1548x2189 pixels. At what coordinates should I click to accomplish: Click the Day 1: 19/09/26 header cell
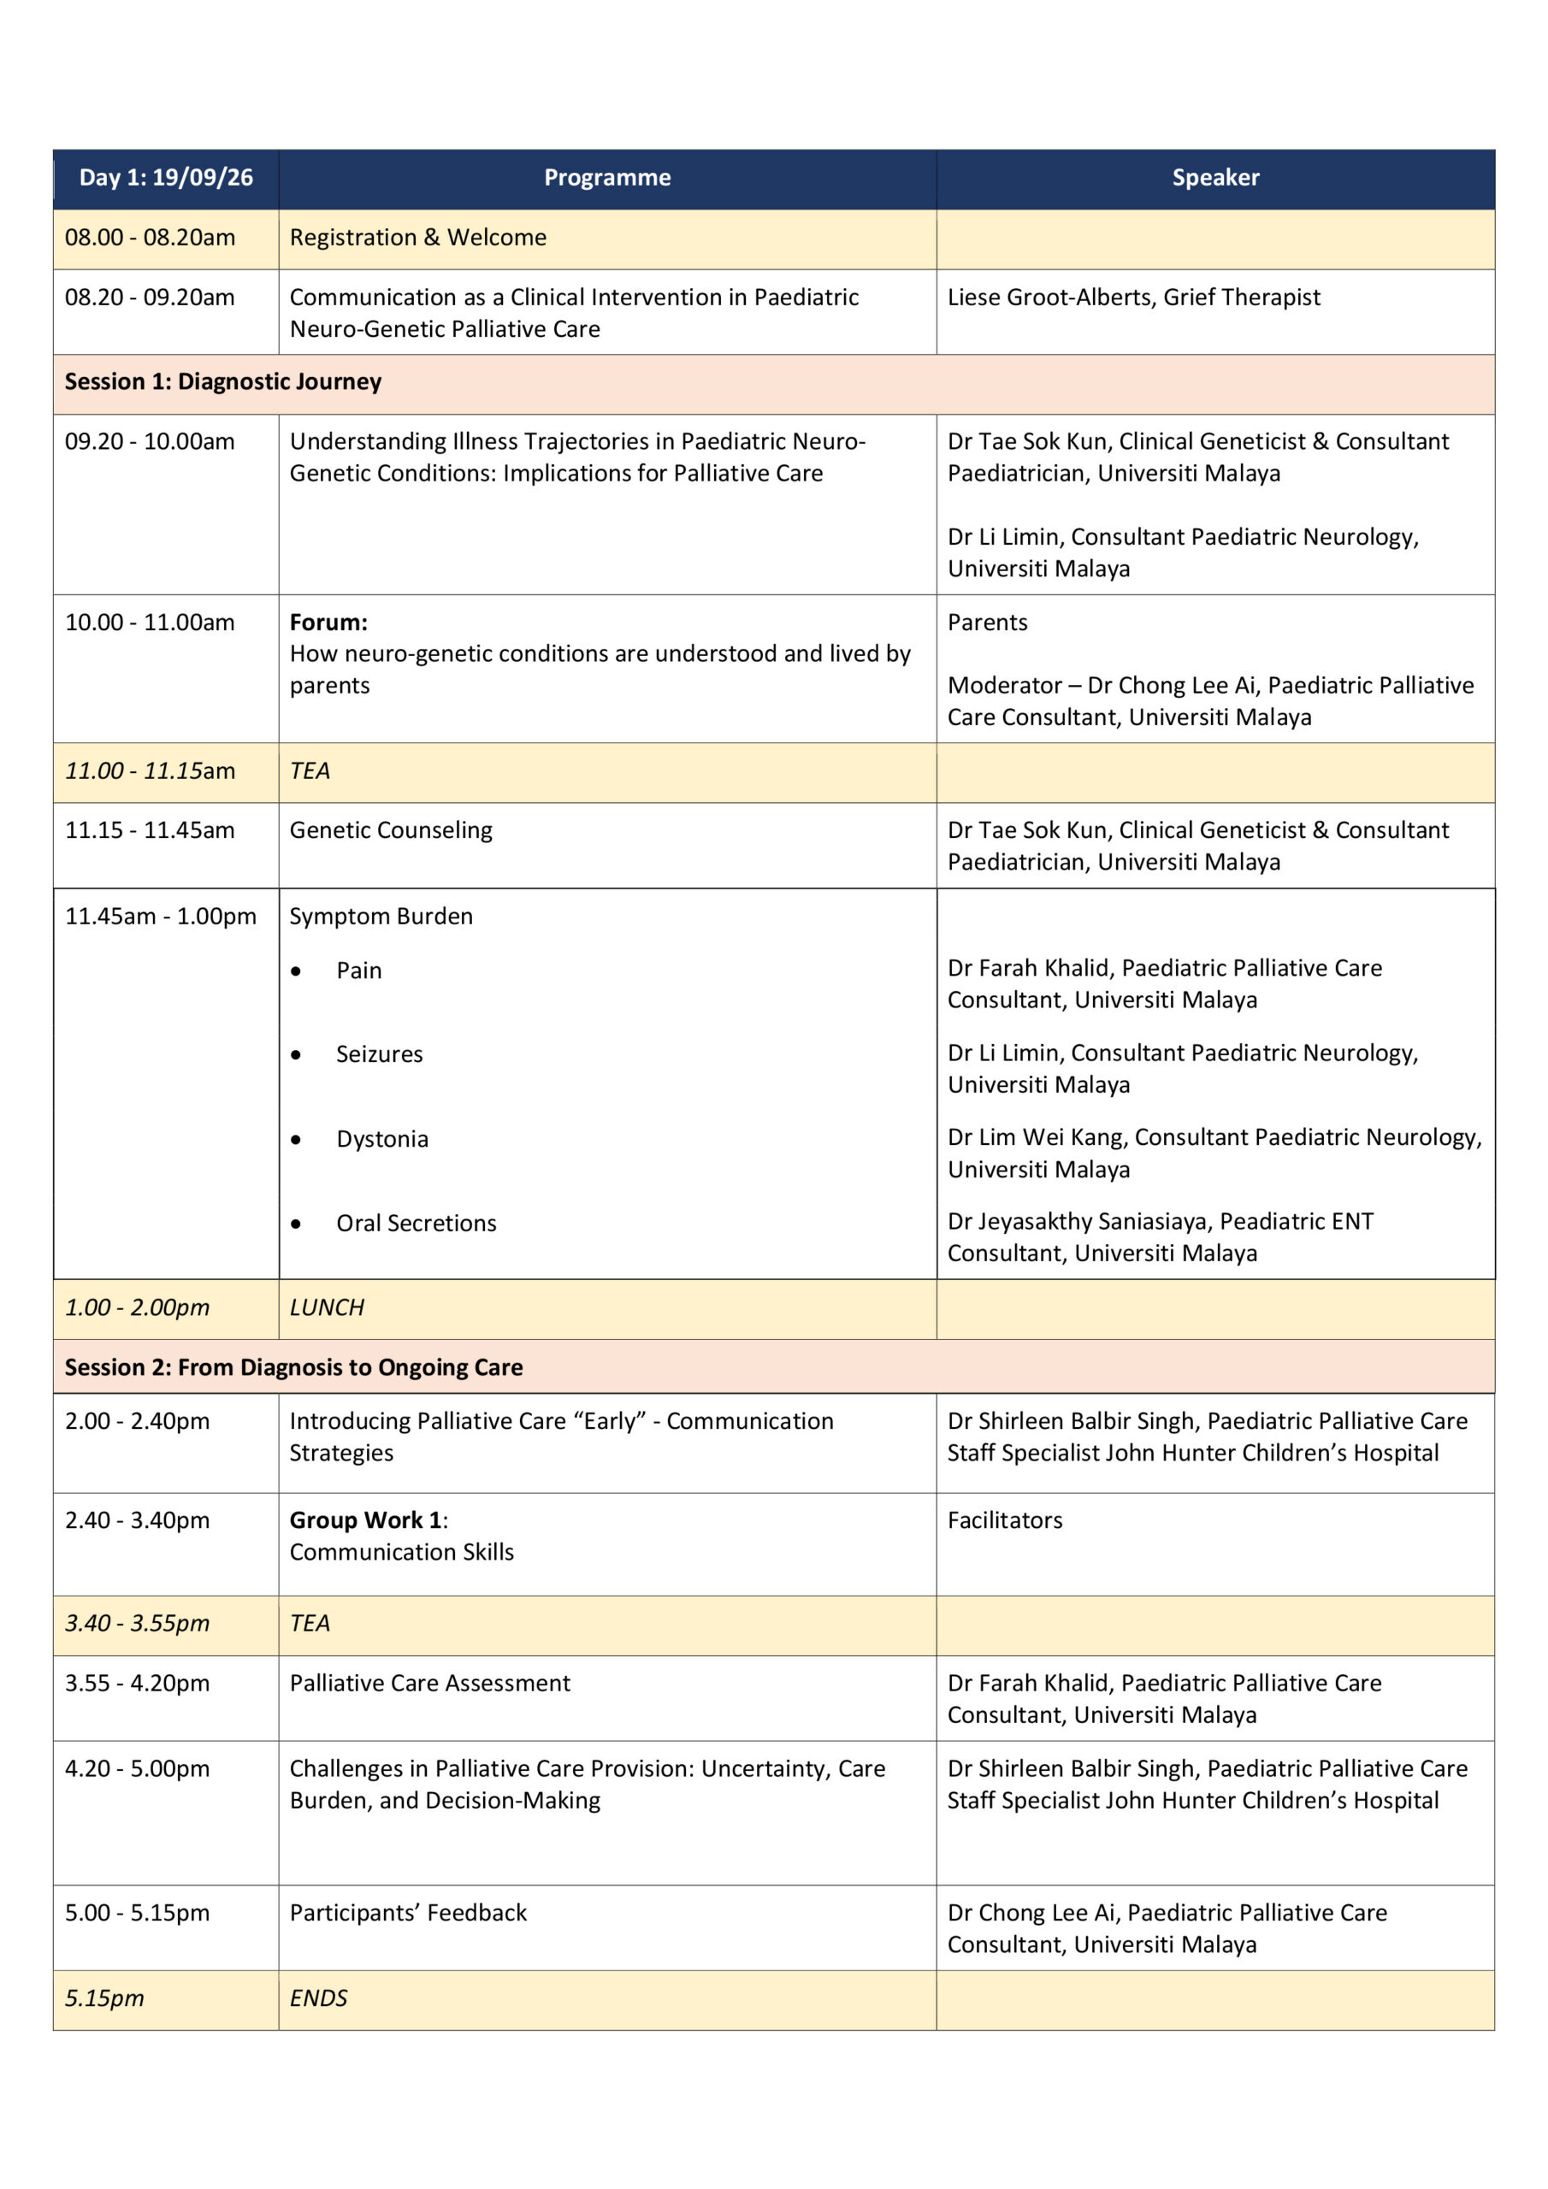coord(166,179)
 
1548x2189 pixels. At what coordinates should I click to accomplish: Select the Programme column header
coord(606,179)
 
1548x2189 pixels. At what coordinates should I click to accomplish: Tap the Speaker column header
coord(1215,179)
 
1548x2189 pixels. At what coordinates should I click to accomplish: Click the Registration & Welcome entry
coord(417,238)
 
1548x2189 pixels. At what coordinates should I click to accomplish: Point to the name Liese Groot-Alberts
coord(1049,298)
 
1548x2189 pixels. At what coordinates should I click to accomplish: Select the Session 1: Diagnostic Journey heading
coord(223,382)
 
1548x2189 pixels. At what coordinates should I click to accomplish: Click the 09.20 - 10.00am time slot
coord(150,441)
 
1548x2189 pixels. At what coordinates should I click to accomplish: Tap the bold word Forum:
coord(328,622)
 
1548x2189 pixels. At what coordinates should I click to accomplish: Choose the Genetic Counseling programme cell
coord(391,830)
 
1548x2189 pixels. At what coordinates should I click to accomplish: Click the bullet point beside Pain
coord(296,971)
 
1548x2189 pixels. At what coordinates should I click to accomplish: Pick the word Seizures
coord(379,1054)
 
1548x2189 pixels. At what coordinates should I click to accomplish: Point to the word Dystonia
coord(381,1139)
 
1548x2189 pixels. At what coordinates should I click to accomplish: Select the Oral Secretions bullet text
coord(416,1224)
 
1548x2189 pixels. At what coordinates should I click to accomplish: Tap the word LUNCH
coord(328,1308)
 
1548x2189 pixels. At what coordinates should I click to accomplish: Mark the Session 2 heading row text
coord(293,1367)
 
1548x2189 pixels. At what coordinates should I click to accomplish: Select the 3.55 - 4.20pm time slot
coord(138,1684)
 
